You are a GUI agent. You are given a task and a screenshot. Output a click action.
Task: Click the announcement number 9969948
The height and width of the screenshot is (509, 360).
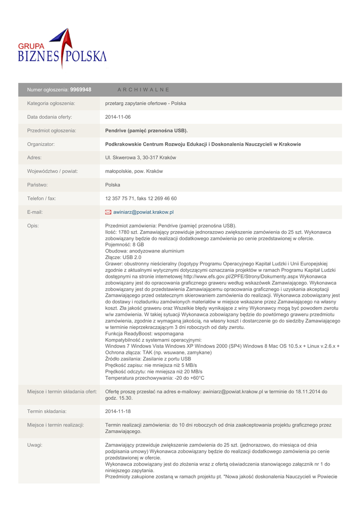[81, 89]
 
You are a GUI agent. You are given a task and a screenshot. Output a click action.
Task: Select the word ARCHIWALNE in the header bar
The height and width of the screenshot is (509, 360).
[143, 89]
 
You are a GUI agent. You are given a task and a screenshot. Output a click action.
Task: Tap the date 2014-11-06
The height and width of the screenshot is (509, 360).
[118, 117]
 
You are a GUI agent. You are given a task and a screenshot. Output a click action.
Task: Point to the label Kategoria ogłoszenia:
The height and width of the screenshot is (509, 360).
[51, 103]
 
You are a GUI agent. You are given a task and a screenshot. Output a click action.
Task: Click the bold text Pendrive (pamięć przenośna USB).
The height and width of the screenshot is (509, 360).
[147, 131]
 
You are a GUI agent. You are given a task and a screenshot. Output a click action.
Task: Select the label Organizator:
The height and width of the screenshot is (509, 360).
[41, 144]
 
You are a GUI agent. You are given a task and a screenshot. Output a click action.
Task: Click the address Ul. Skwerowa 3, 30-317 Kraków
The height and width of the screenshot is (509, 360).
[141, 158]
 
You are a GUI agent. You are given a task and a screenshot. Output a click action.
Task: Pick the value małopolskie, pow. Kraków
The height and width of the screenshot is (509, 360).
[134, 171]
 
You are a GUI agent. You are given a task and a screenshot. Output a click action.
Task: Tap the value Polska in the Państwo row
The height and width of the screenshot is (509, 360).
[113, 185]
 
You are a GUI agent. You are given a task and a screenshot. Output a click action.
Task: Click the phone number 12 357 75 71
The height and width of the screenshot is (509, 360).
[120, 198]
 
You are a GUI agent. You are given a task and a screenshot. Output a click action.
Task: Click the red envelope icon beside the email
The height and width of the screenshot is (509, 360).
[108, 212]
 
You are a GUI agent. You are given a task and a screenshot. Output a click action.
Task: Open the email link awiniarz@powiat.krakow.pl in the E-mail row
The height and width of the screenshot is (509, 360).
[143, 212]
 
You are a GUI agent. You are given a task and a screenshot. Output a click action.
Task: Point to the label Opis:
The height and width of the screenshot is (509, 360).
[33, 226]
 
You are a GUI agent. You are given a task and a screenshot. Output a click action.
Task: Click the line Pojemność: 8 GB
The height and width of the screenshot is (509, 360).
[125, 245]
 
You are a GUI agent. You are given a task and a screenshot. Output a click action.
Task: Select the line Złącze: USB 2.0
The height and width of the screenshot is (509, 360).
[124, 257]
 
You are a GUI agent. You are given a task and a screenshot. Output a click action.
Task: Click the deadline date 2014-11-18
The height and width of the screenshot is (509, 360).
[118, 411]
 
